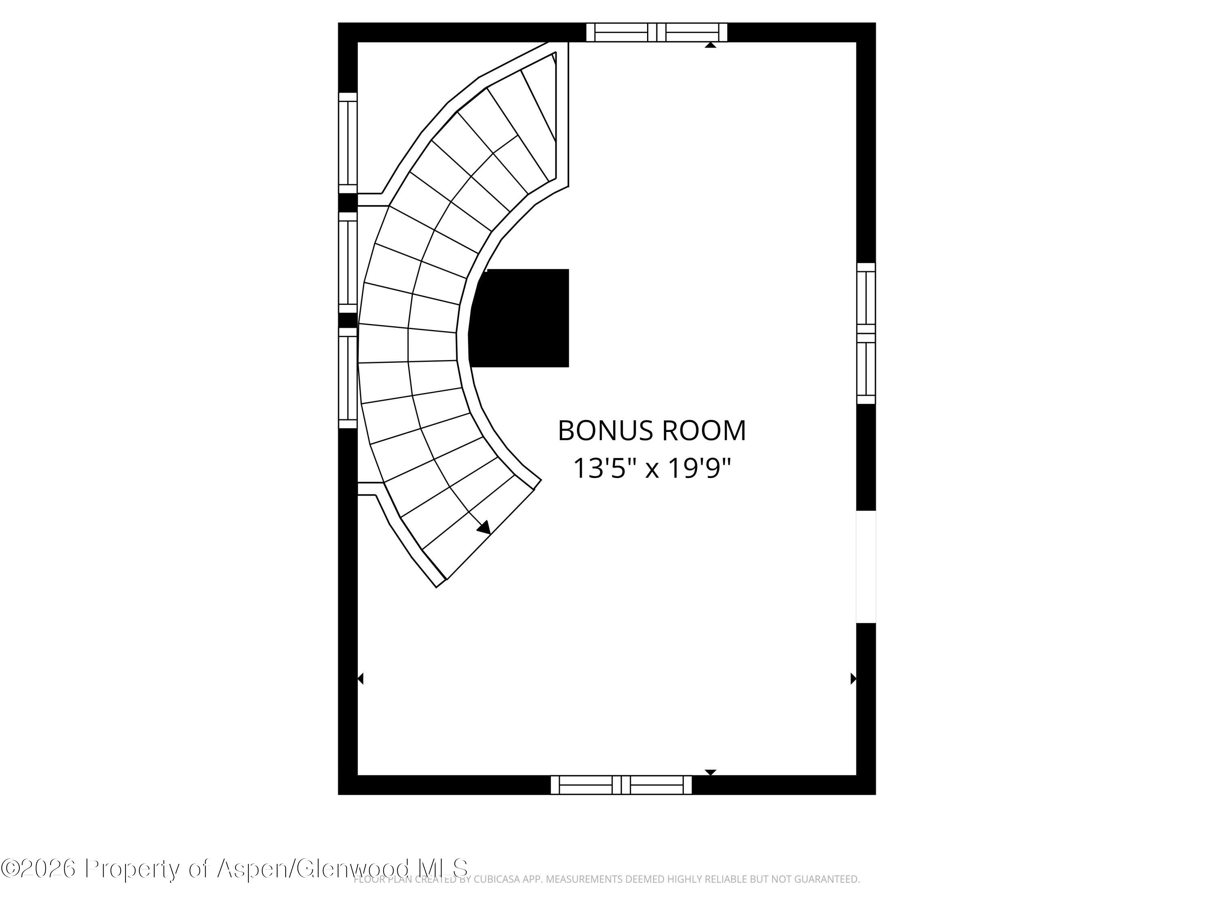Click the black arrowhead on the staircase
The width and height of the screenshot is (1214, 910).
pos(484,528)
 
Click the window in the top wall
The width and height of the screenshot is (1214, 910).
pos(656,32)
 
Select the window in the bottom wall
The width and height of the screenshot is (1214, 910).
pos(621,785)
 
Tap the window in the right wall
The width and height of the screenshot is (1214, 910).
pos(866,334)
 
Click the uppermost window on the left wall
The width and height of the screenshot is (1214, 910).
pos(347,143)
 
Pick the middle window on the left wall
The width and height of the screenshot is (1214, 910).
pos(347,262)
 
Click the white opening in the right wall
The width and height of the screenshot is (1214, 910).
pos(866,567)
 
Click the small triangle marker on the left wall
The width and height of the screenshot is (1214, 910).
pos(360,679)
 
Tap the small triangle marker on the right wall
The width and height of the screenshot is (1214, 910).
pos(853,679)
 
